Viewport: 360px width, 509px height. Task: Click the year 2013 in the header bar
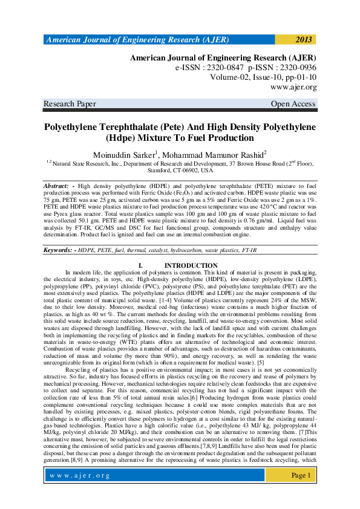coord(304,40)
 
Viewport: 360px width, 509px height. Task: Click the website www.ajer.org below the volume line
coord(295,87)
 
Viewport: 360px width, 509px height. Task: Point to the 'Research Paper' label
coord(70,104)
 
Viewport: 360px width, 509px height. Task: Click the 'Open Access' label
coord(293,104)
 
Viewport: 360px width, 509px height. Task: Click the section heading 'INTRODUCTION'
coord(191,266)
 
